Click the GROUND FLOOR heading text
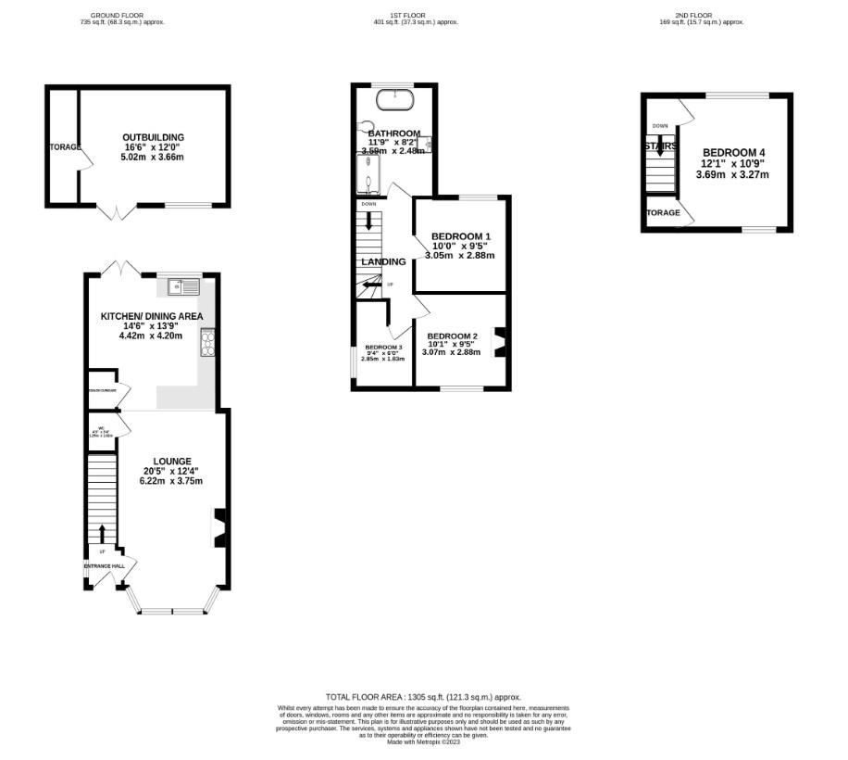pos(122,16)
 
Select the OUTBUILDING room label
pos(154,137)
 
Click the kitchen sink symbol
pos(183,287)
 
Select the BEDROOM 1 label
pos(460,236)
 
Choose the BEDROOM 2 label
pos(453,336)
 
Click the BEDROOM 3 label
pos(382,347)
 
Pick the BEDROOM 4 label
pos(732,153)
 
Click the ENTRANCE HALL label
pos(105,565)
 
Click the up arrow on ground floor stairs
pos(102,532)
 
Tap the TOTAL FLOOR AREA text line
pos(423,697)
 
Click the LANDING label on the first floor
pos(383,262)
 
